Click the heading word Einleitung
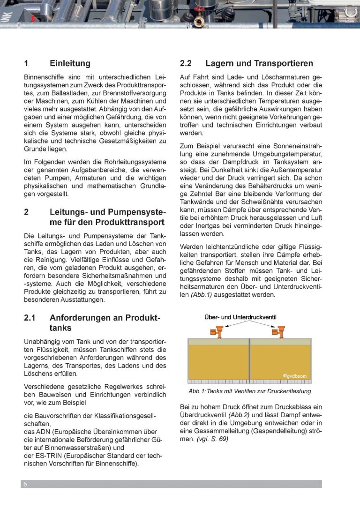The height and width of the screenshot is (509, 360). [x=70, y=64]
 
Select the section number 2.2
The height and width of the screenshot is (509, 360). [x=186, y=64]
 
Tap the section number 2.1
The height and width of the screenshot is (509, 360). [x=30, y=318]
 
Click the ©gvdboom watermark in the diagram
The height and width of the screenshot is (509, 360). [x=294, y=375]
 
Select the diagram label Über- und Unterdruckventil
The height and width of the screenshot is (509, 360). [x=240, y=317]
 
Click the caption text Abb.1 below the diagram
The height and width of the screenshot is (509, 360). [x=194, y=391]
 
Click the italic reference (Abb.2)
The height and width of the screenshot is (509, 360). [x=238, y=415]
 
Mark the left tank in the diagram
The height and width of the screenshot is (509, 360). [x=218, y=361]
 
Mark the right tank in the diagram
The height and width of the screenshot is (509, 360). [x=280, y=361]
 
